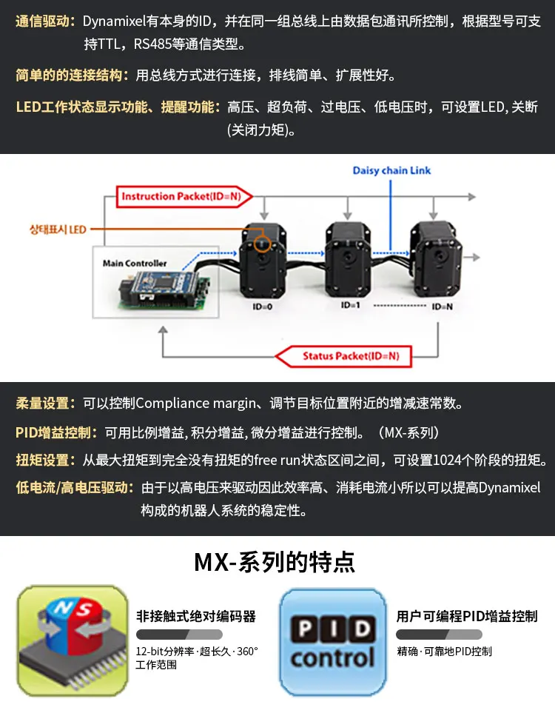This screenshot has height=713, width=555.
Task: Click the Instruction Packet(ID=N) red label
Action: click(184, 196)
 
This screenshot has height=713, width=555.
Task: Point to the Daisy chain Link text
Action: click(391, 170)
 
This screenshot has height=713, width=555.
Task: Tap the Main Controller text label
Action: click(135, 263)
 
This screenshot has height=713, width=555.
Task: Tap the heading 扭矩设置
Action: click(44, 460)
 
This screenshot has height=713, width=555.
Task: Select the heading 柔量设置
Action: click(44, 404)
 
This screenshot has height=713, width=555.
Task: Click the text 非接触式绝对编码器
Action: click(196, 616)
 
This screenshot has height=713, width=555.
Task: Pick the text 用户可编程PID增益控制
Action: click(466, 616)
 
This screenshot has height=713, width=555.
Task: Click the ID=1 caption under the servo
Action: click(350, 304)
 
